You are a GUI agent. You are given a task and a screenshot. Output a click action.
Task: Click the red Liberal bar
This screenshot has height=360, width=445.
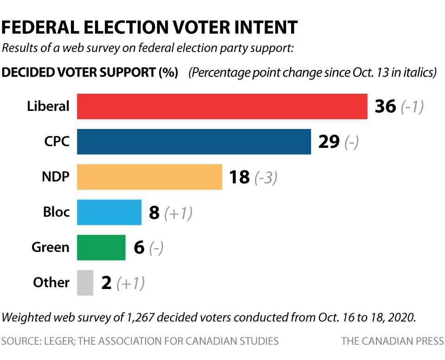222,106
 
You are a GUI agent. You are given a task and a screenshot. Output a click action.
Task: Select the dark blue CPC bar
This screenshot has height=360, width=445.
194,141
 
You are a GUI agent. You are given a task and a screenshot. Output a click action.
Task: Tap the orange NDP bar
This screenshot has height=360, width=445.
149,177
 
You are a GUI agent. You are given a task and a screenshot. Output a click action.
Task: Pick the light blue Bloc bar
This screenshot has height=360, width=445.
109,212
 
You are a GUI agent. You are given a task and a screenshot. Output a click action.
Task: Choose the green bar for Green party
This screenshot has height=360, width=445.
101,247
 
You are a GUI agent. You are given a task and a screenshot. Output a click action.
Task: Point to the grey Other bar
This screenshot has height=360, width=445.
85,283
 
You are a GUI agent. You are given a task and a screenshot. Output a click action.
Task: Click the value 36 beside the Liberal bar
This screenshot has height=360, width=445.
385,107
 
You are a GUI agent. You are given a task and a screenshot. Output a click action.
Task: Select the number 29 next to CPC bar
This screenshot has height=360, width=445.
329,142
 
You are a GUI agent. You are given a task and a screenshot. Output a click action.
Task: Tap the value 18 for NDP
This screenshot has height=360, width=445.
240,177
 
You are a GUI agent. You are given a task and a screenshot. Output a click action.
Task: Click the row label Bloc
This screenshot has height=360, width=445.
56,212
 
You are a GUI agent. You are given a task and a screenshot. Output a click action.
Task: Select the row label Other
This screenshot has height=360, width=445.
51,283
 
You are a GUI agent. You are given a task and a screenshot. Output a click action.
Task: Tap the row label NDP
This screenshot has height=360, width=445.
56,177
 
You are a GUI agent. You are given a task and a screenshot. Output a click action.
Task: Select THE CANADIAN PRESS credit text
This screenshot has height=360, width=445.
392,341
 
